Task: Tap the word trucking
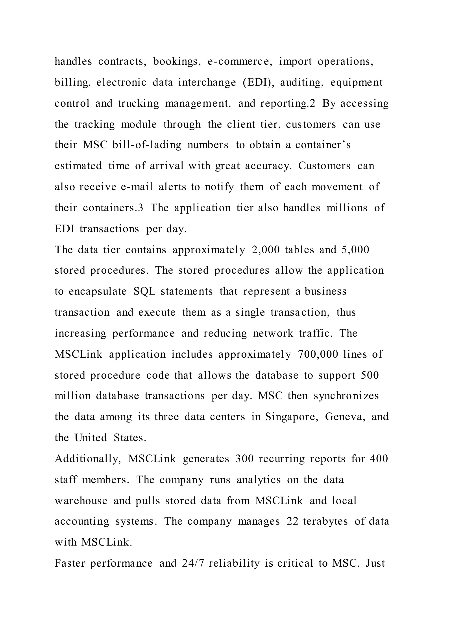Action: point(139,103)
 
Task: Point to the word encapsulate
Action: point(98,291)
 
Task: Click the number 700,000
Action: point(318,354)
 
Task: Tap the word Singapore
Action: point(292,417)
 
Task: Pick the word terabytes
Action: point(325,521)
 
